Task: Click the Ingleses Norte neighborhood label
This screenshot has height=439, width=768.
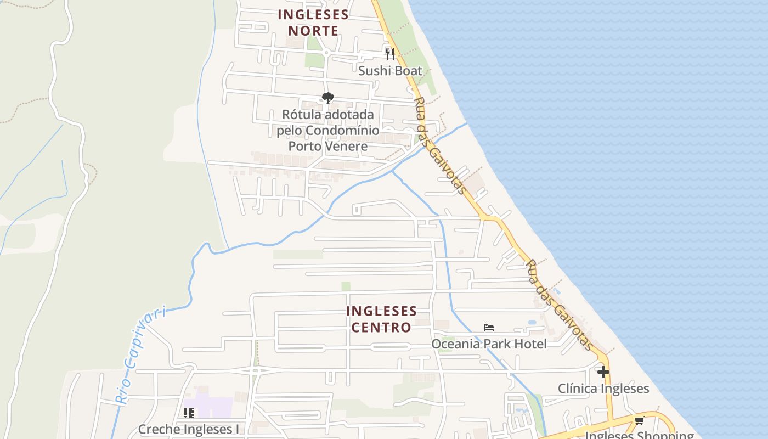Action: click(x=313, y=22)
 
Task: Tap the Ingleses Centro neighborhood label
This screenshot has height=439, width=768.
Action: click(x=381, y=319)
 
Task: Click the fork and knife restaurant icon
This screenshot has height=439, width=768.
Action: click(x=389, y=54)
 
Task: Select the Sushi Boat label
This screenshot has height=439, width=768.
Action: click(x=390, y=71)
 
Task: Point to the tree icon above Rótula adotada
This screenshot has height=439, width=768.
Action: click(x=327, y=98)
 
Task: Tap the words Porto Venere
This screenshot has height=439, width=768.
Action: click(x=327, y=147)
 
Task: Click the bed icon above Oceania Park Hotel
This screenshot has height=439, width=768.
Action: click(x=489, y=328)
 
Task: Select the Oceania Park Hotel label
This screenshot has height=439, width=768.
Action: click(x=489, y=344)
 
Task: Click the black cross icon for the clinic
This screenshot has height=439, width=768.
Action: click(x=603, y=372)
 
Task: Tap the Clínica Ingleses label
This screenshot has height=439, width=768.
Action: click(x=603, y=389)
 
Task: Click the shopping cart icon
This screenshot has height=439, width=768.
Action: click(x=639, y=421)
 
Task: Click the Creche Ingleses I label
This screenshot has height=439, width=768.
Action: click(x=188, y=429)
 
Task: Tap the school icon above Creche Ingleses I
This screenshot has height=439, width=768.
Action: click(x=188, y=413)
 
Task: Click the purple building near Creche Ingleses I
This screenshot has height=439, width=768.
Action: click(x=214, y=407)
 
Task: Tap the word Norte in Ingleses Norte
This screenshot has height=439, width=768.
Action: click(x=313, y=31)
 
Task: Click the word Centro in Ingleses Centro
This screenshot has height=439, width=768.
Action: click(x=381, y=328)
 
